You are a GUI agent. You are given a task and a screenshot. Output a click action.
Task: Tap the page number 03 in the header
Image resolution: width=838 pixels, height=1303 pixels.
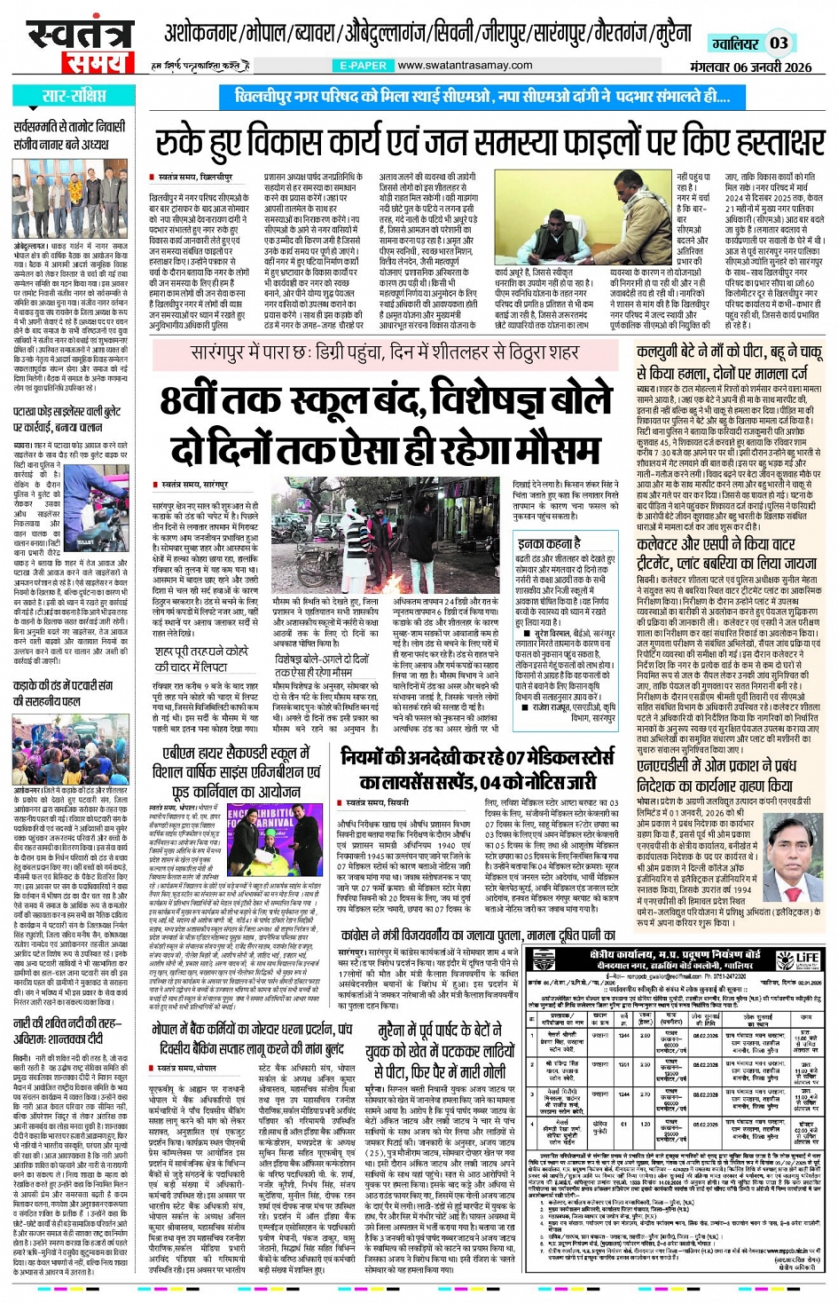coord(779,43)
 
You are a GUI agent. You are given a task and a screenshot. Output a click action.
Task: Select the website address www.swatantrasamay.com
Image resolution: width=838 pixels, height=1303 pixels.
coord(465,65)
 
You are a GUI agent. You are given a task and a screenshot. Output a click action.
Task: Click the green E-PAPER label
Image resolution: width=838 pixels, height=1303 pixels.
coord(363,65)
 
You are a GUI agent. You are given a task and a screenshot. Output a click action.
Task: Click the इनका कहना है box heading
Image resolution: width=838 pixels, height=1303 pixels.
coord(550,542)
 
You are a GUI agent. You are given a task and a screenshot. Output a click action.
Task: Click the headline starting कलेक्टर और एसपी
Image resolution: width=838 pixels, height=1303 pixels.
coord(728,553)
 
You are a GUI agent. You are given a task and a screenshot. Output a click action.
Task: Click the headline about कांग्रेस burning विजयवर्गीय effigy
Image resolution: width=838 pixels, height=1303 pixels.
coord(477,935)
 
